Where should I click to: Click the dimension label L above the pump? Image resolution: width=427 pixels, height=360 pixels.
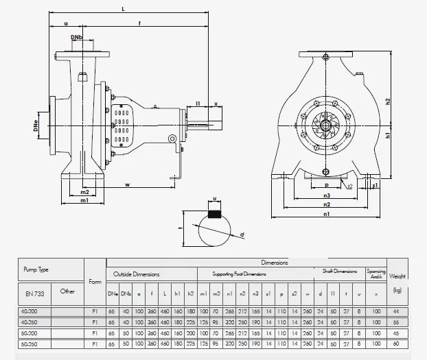coord(123,9)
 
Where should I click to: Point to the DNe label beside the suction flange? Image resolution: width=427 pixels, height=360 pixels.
coord(36,126)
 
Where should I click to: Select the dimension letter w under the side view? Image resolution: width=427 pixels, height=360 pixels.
coord(128,184)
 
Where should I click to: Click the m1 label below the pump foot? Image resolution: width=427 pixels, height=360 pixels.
coord(84,201)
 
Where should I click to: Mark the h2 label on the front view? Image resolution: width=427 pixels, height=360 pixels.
coord(389,101)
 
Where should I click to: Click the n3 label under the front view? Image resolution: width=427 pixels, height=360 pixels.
coord(327,195)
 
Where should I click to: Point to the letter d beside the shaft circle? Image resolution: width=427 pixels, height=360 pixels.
coord(243,235)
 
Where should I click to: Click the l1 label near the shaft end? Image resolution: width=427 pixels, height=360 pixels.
coord(198,104)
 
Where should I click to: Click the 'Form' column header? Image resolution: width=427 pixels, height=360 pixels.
coord(95,281)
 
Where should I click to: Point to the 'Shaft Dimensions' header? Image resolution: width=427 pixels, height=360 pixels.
coord(340,272)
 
